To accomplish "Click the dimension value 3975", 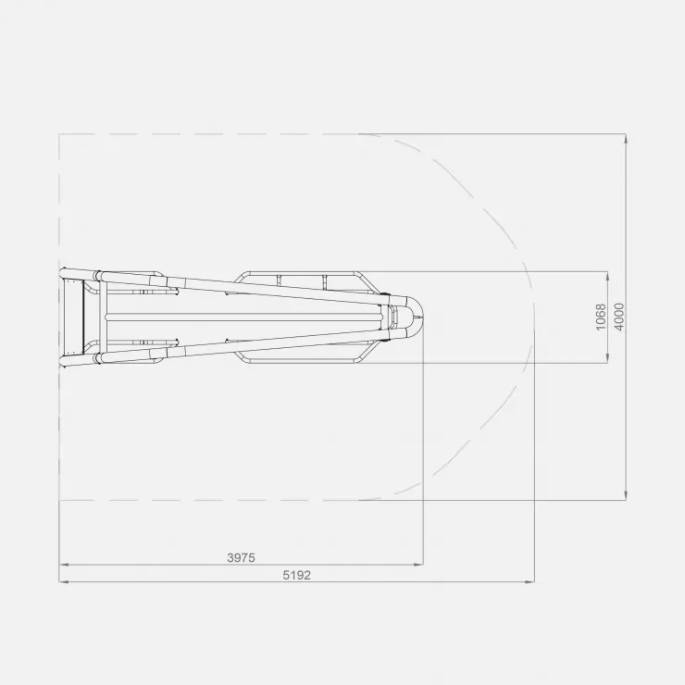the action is pyautogui.click(x=241, y=558).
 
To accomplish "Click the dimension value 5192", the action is pyautogui.click(x=296, y=576).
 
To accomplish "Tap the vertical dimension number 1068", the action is pyautogui.click(x=601, y=318).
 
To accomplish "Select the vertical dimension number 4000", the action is pyautogui.click(x=619, y=318).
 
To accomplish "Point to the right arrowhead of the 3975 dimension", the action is pyautogui.click(x=419, y=565).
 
